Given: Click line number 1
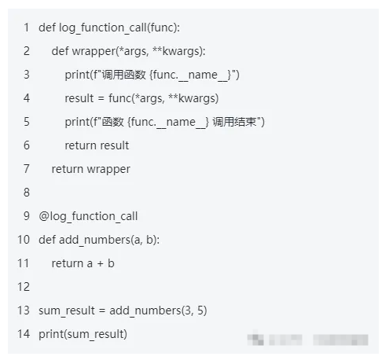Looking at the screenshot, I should [27, 28].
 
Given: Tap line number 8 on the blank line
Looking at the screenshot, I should [27, 193].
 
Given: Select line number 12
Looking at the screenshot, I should [24, 287].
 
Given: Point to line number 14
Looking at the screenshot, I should [24, 334].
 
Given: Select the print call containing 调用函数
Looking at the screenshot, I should [152, 75].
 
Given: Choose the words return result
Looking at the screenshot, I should [97, 145].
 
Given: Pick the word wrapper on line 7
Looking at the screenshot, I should [108, 169].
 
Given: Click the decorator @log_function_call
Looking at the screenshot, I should [88, 216].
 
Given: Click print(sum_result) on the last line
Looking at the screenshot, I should [83, 334].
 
